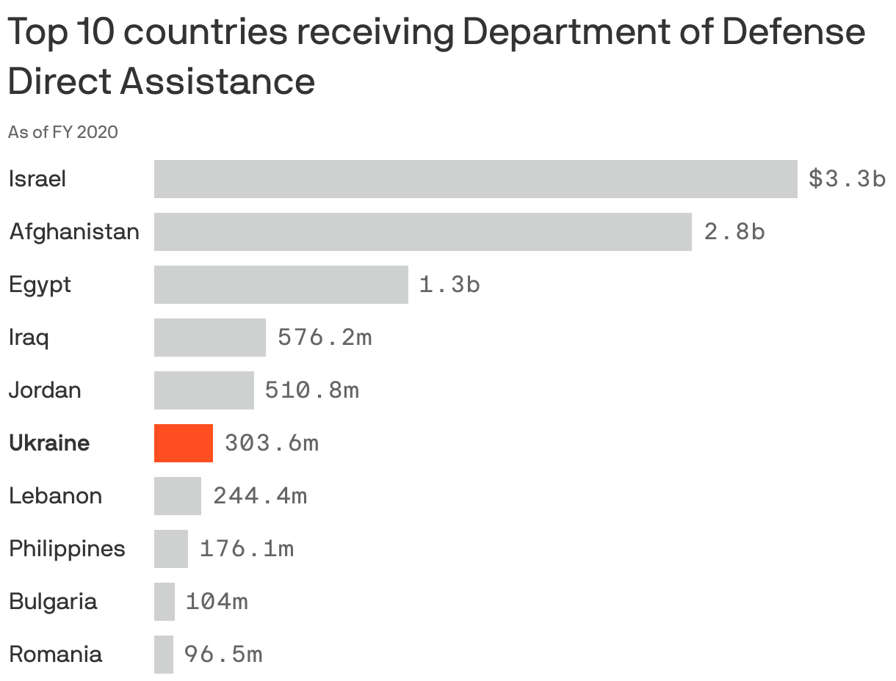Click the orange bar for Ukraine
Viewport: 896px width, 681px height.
184,443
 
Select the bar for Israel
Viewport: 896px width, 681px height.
475,179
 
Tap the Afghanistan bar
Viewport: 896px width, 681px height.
422,232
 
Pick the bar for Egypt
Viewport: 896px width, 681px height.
281,285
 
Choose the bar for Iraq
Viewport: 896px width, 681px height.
209,338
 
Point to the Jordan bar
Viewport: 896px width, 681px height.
203,390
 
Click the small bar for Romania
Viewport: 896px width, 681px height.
164,655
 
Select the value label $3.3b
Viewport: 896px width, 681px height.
847,179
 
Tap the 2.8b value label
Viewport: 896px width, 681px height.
734,232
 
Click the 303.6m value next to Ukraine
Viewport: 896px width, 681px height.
272,443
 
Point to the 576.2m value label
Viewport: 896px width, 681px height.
325,338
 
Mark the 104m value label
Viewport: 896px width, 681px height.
217,602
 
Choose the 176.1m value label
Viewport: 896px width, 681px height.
247,549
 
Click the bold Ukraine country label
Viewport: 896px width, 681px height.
49,443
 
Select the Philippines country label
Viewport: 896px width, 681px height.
67,549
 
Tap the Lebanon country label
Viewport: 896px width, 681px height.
55,496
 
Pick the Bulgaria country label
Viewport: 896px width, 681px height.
53,602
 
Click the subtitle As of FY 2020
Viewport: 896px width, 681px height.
62,132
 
